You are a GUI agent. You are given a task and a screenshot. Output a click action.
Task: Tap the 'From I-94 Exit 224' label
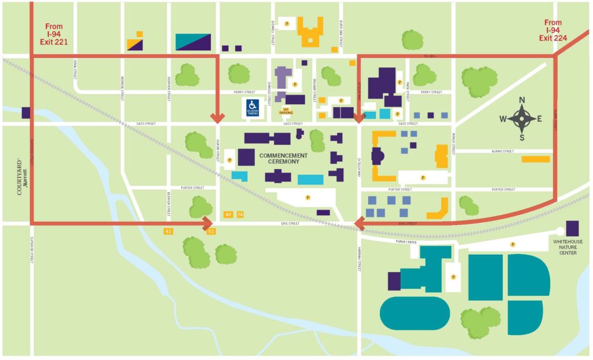point(553,31)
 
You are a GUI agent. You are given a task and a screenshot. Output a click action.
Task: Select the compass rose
point(522,119)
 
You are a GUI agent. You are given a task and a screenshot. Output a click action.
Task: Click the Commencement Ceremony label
point(284,159)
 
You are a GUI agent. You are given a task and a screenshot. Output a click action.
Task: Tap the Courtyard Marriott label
point(21,176)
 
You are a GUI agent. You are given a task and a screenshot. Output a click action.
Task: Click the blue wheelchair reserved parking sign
point(252,107)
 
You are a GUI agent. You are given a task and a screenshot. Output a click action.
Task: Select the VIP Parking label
point(285,111)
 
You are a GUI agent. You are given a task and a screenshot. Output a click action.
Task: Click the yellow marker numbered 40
point(228,215)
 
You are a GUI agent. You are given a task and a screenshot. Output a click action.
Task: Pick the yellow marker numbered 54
point(240,215)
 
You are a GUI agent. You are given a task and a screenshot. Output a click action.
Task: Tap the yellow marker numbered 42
point(169,231)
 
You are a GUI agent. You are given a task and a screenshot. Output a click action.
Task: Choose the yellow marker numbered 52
point(211,232)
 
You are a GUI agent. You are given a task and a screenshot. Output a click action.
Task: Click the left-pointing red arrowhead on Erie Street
point(360,223)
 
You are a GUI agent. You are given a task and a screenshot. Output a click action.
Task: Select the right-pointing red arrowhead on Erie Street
point(208,223)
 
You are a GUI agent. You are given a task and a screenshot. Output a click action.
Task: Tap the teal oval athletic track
point(415,313)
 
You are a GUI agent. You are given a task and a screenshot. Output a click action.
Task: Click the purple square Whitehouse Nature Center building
point(572,228)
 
